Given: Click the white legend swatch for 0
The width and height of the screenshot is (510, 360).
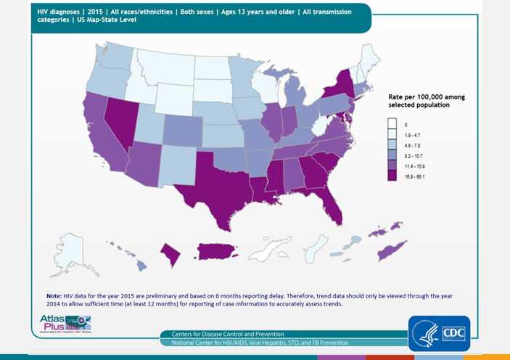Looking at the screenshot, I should click(392, 125).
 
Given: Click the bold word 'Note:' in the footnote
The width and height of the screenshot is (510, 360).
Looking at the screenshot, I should click(54, 296).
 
